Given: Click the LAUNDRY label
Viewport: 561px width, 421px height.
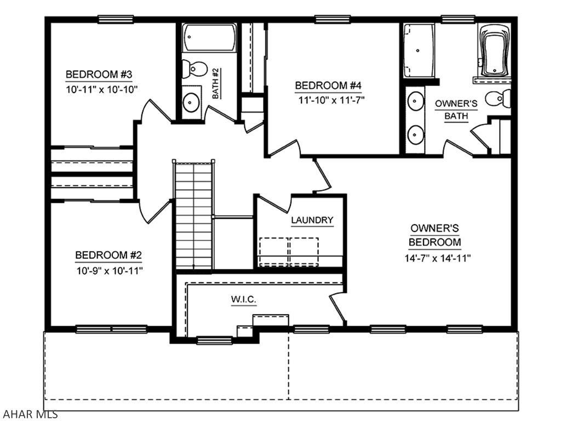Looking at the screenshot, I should tap(312, 220).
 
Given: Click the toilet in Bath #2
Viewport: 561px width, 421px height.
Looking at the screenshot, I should tap(193, 69).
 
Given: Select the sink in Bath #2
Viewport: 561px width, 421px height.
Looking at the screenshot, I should tap(191, 101).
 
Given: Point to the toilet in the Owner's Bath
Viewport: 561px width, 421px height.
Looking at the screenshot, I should tap(499, 98).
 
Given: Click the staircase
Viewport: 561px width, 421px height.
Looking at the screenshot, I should tap(193, 214).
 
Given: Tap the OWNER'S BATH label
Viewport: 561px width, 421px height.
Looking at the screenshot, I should tap(456, 109).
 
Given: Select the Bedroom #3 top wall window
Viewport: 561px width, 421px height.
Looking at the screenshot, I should tap(116, 19).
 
